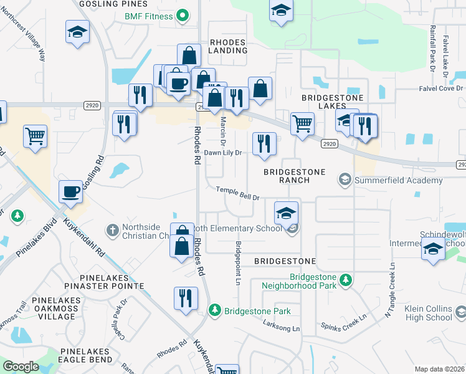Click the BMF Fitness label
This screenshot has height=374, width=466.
pos(148,16)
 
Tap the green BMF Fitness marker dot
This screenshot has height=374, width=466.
pos(183,16)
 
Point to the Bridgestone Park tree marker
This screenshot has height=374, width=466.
pos(215,310)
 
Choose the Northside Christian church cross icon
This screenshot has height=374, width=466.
pos(112,231)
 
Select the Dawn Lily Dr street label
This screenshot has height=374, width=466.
pos(223,152)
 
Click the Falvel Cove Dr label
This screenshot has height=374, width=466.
pos(441,89)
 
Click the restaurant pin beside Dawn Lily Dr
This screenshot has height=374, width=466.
pos(264,143)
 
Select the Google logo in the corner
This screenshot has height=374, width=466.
pos(21,367)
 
